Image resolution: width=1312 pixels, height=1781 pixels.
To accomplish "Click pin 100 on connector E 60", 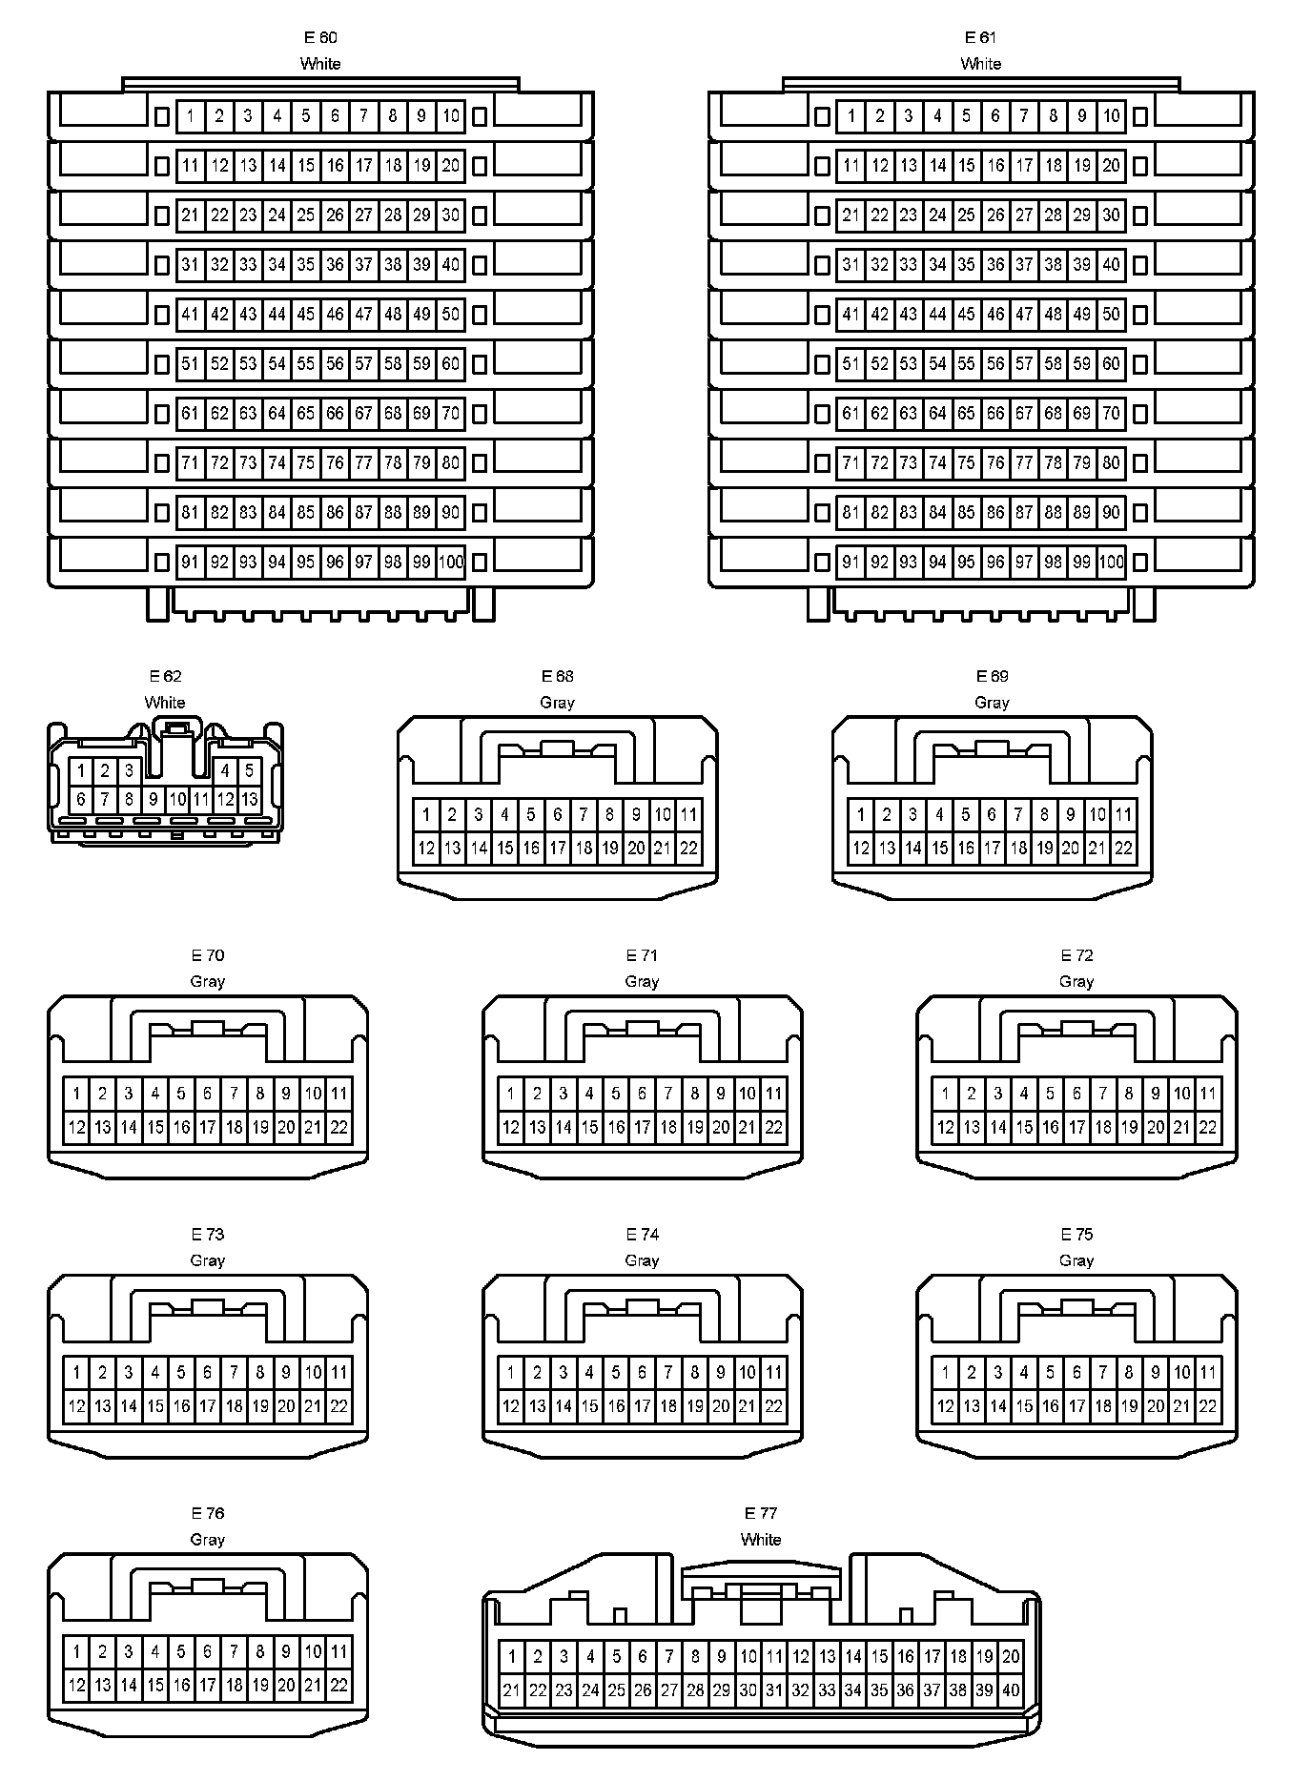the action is [451, 563].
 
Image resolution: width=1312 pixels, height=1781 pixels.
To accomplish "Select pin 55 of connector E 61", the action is [967, 364].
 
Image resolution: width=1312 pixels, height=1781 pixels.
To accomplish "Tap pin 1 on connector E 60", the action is [191, 116].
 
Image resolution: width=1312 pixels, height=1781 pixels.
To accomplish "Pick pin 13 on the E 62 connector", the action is [249, 800].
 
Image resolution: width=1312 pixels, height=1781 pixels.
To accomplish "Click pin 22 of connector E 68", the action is [688, 849].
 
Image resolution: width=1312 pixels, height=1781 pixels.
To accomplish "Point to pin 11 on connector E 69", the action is [1123, 815].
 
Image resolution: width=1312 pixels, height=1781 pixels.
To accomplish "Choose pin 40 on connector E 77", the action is [1011, 1690].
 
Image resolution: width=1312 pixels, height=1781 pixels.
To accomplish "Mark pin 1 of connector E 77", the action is [512, 1657].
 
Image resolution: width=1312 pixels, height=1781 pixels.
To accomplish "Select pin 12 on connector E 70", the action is [76, 1128].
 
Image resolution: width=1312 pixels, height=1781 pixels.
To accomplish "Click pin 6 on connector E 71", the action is [643, 1095].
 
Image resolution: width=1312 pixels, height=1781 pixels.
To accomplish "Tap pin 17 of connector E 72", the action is [1076, 1128].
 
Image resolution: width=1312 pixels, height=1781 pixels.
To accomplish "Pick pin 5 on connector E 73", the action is [181, 1373].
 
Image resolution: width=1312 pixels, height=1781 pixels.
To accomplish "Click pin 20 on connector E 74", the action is [721, 1406].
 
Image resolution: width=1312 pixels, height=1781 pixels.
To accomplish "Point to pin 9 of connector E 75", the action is [1156, 1373].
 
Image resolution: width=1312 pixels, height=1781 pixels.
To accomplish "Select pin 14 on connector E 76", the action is [129, 1686].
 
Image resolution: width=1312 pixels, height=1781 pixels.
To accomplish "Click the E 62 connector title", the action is [165, 676].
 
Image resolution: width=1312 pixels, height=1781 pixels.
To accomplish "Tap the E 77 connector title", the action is [761, 1513].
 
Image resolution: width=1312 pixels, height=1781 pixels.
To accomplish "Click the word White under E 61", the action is [981, 64].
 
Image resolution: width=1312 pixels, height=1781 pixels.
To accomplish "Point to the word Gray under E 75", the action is [1076, 1260].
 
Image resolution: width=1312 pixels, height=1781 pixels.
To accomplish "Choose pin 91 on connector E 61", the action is [851, 563].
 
